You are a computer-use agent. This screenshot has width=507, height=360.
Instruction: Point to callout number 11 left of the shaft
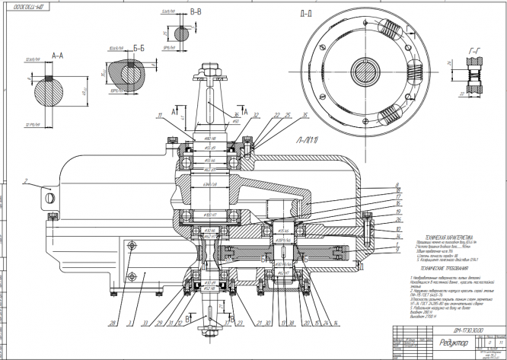tap(161, 115)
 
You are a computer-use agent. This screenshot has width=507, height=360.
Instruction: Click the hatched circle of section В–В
tap(182, 35)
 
